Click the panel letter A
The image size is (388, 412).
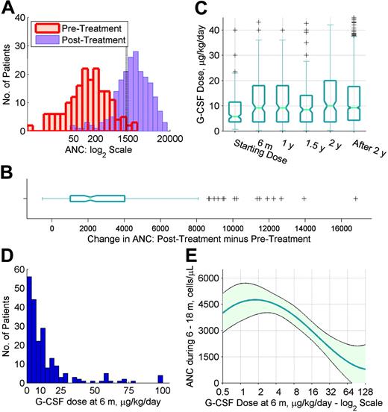8,8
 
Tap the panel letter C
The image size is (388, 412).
202,8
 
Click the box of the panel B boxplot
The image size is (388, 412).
97,199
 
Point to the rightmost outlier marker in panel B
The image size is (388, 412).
356,199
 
